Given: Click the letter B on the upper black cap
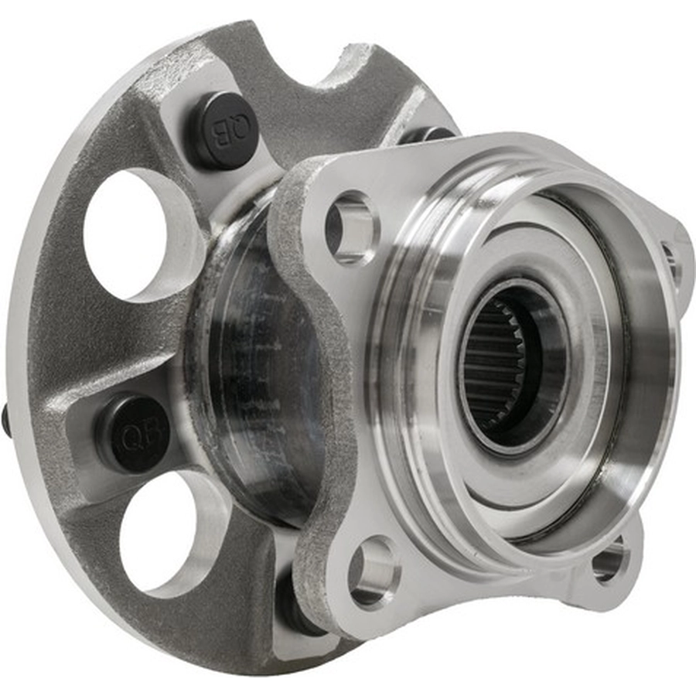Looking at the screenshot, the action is tap(221, 131).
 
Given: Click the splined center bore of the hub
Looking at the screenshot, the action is tap(510, 363).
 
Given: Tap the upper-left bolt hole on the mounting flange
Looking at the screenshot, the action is tap(352, 227).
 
